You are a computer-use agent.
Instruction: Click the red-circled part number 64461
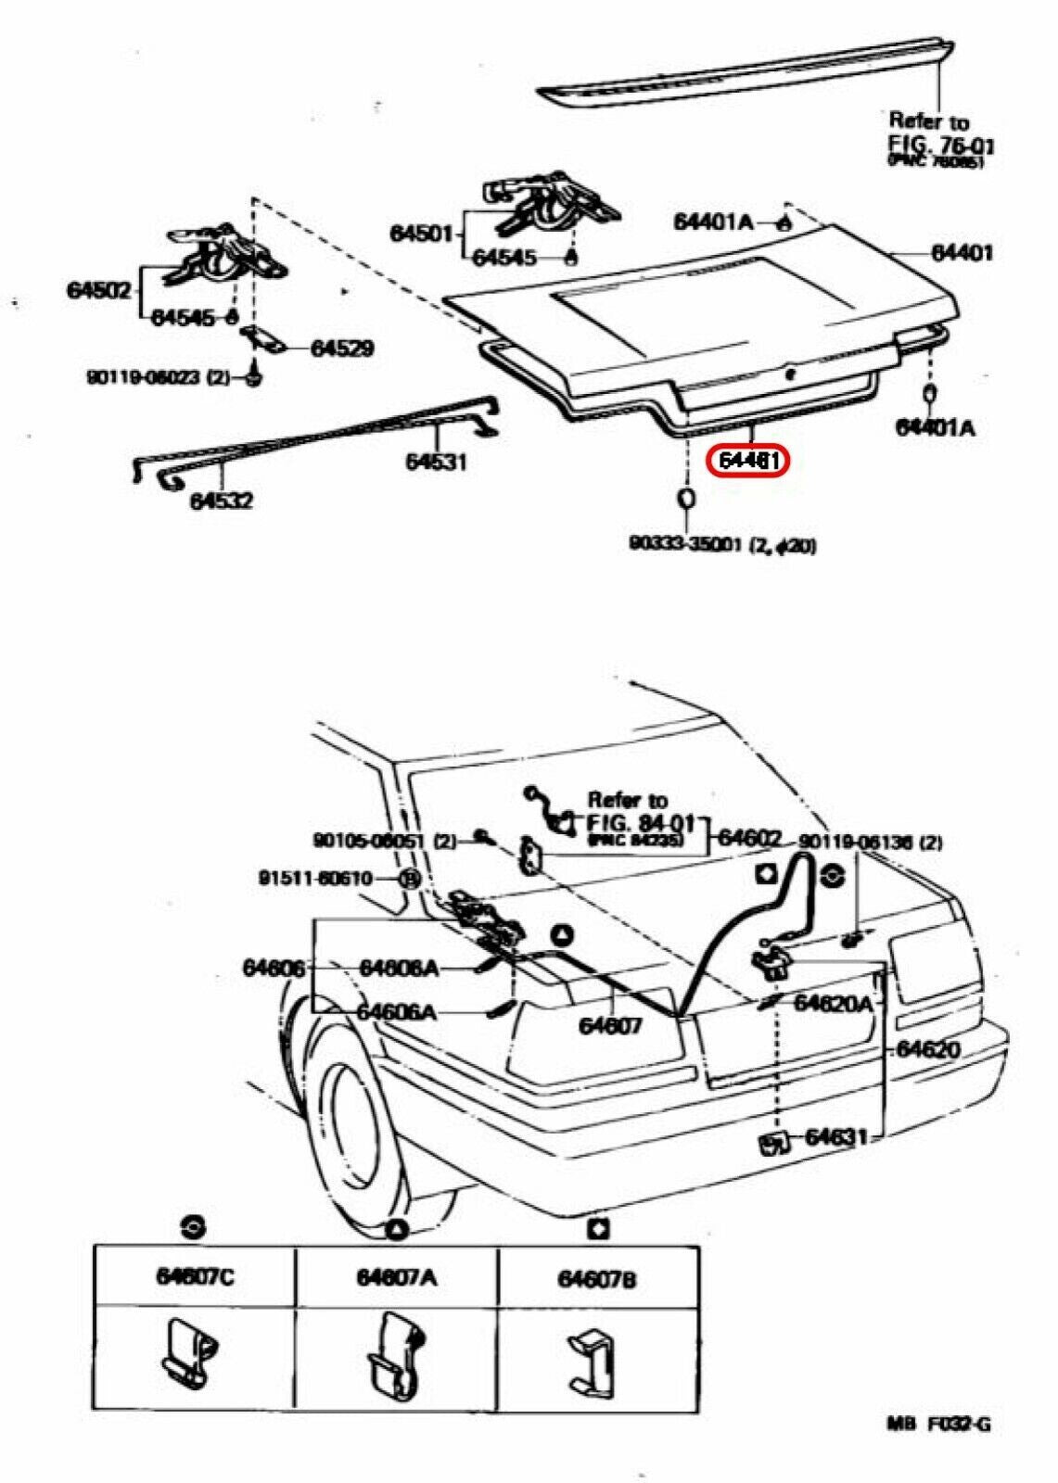tap(746, 462)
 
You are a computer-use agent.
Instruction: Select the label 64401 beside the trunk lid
tap(962, 252)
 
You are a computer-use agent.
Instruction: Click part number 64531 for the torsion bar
tap(435, 461)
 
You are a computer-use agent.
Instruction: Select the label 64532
tap(222, 501)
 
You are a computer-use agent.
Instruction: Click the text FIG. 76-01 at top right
tap(941, 146)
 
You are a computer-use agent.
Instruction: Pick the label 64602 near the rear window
tap(750, 837)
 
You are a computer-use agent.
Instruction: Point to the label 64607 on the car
tap(611, 1026)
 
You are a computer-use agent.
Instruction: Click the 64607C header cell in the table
tap(195, 1277)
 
